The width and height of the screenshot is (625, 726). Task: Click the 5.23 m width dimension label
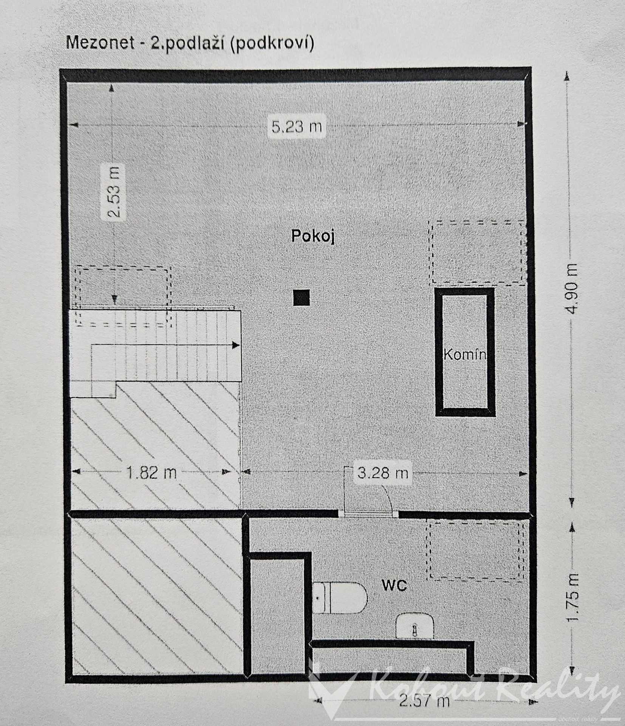[x=297, y=126]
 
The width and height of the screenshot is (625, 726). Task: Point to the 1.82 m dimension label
[x=152, y=473]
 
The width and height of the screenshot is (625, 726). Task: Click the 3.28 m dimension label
[x=383, y=473]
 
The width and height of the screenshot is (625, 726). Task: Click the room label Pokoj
[x=313, y=236]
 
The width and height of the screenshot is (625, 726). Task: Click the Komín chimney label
[x=464, y=354]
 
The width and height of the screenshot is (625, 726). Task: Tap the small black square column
[x=302, y=298]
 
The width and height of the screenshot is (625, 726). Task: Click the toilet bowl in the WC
[x=340, y=598]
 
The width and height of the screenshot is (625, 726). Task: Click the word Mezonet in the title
[x=100, y=43]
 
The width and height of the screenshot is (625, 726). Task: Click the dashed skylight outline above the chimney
[x=478, y=252]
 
